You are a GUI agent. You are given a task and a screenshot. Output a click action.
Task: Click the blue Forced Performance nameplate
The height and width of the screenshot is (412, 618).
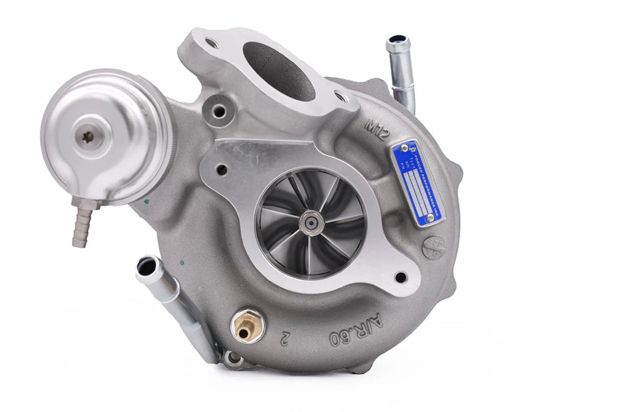pos(418,182)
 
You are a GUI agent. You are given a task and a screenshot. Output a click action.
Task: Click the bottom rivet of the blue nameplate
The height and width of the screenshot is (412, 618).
pos(430,218)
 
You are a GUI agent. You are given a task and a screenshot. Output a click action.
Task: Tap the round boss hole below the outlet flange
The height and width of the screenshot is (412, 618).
pos(219,109)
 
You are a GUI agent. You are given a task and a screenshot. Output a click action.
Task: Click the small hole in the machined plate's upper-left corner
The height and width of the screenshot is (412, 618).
pos(222,170)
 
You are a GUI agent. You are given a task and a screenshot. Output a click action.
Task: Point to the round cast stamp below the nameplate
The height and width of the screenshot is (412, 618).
pos(434,247)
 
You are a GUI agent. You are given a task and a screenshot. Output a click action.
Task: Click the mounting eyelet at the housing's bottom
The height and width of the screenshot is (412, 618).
pos(234,357)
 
